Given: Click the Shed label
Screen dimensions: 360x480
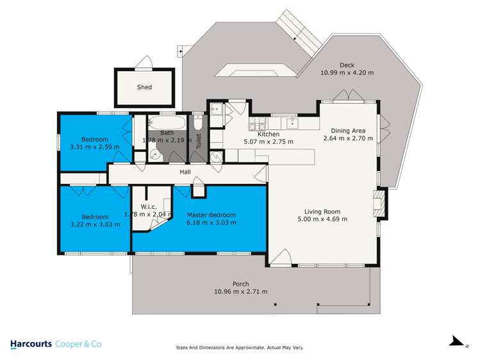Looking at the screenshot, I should click(144, 87).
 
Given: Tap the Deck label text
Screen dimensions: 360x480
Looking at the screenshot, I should click(347, 65).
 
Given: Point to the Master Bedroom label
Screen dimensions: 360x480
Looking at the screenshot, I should click(211, 215).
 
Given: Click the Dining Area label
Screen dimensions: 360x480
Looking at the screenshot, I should click(348, 131).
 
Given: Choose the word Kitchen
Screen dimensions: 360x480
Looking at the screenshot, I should click(269, 134).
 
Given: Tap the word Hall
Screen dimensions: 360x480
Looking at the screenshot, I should click(185, 172).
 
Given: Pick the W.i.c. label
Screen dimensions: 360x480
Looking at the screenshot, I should click(149, 206).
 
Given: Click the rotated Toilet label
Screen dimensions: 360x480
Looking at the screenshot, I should click(199, 141).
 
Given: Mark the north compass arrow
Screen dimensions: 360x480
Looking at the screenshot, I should click(456, 341).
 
